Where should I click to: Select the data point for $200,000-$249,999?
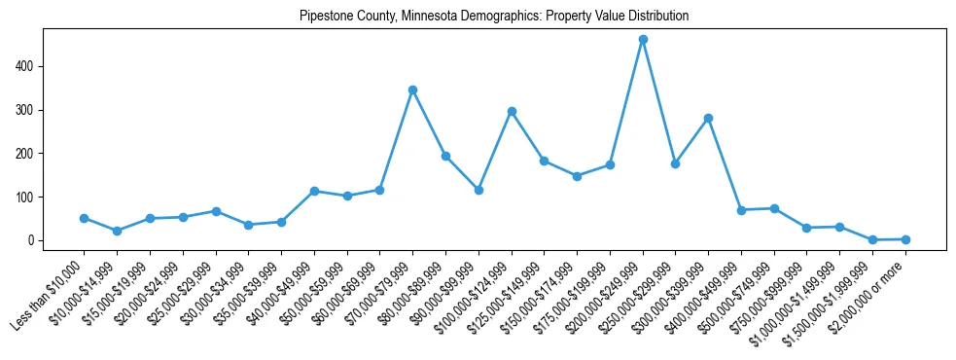pyautogui.click(x=643, y=40)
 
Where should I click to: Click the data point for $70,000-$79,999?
pyautogui.click(x=412, y=90)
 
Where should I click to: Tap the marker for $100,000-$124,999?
pyautogui.click(x=512, y=111)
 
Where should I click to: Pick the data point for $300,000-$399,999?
pyautogui.click(x=708, y=118)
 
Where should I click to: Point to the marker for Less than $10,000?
pyautogui.click(x=84, y=218)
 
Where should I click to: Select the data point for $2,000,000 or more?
pyautogui.click(x=905, y=239)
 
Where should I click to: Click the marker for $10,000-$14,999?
pyautogui.click(x=117, y=231)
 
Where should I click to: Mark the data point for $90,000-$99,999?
pyautogui.click(x=478, y=190)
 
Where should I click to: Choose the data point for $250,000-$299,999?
pyautogui.click(x=675, y=163)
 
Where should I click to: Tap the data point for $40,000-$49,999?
pyautogui.click(x=314, y=191)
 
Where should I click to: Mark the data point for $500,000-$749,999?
pyautogui.click(x=774, y=208)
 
